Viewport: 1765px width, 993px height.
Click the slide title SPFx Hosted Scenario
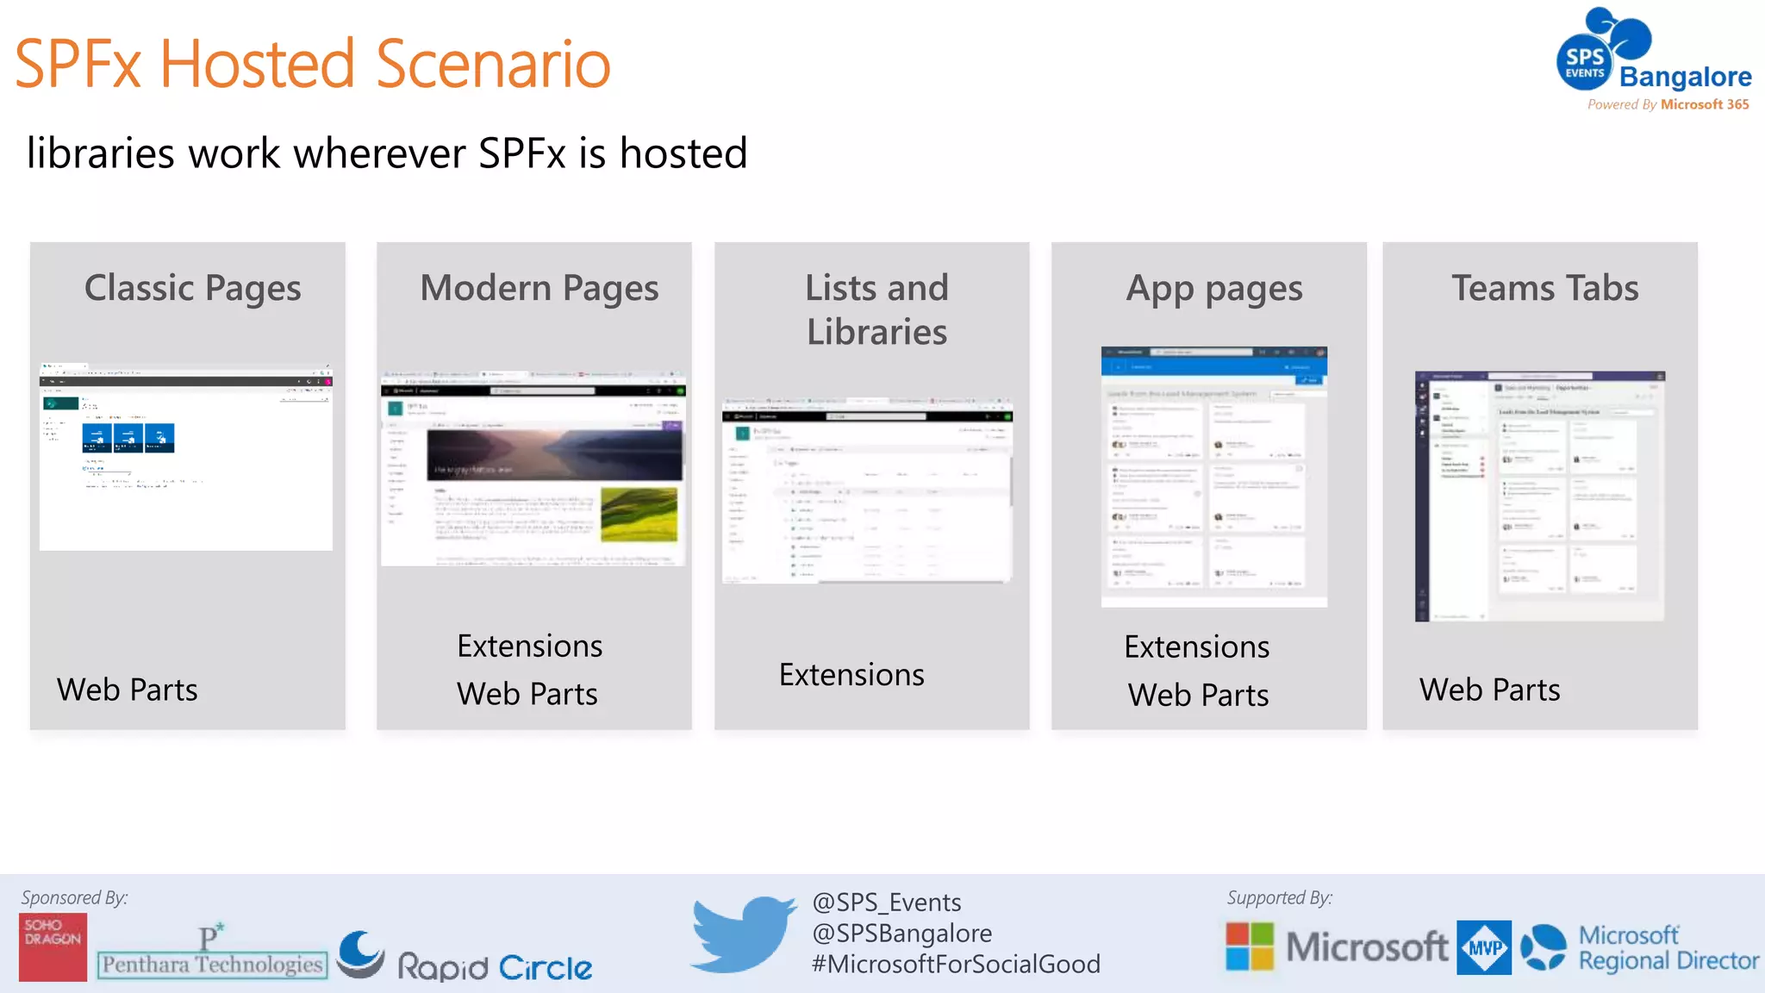pyautogui.click(x=312, y=64)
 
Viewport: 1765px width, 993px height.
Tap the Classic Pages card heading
pyautogui.click(x=192, y=288)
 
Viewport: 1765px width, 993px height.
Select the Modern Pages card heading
pyautogui.click(x=539, y=288)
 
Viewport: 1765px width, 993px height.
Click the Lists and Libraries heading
pyautogui.click(x=876, y=309)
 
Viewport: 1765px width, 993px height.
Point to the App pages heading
pyautogui.click(x=1213, y=289)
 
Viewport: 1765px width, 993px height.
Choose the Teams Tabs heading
pyautogui.click(x=1544, y=288)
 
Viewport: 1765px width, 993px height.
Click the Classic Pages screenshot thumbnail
pyautogui.click(x=186, y=457)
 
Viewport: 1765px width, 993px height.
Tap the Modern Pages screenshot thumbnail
pyautogui.click(x=533, y=469)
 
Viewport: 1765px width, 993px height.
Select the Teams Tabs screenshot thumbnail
pyautogui.click(x=1540, y=496)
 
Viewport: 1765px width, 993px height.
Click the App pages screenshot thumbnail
pyautogui.click(x=1213, y=477)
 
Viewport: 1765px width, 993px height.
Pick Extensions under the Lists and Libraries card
pyautogui.click(x=851, y=674)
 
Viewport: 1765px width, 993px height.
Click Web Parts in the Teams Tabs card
pyautogui.click(x=1489, y=690)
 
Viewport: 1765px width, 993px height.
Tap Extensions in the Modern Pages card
pyautogui.click(x=529, y=646)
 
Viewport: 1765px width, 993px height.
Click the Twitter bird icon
pyautogui.click(x=743, y=934)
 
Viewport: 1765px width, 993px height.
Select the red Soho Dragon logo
pyautogui.click(x=53, y=946)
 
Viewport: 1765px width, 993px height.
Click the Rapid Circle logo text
pyautogui.click(x=494, y=967)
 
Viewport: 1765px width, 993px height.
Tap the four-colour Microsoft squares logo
pyautogui.click(x=1250, y=946)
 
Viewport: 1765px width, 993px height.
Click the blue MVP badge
pyautogui.click(x=1483, y=947)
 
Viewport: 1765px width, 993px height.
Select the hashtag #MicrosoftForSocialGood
pyautogui.click(x=956, y=964)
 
